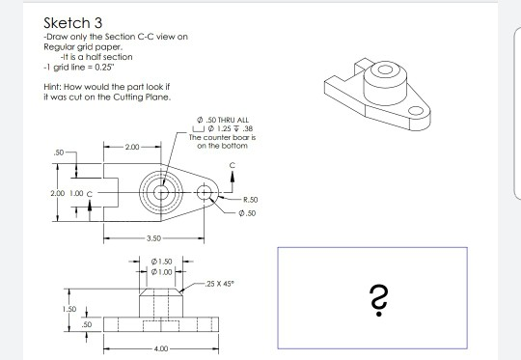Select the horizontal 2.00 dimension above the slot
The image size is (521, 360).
pyautogui.click(x=131, y=148)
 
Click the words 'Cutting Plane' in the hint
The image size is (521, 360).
pyautogui.click(x=145, y=96)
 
